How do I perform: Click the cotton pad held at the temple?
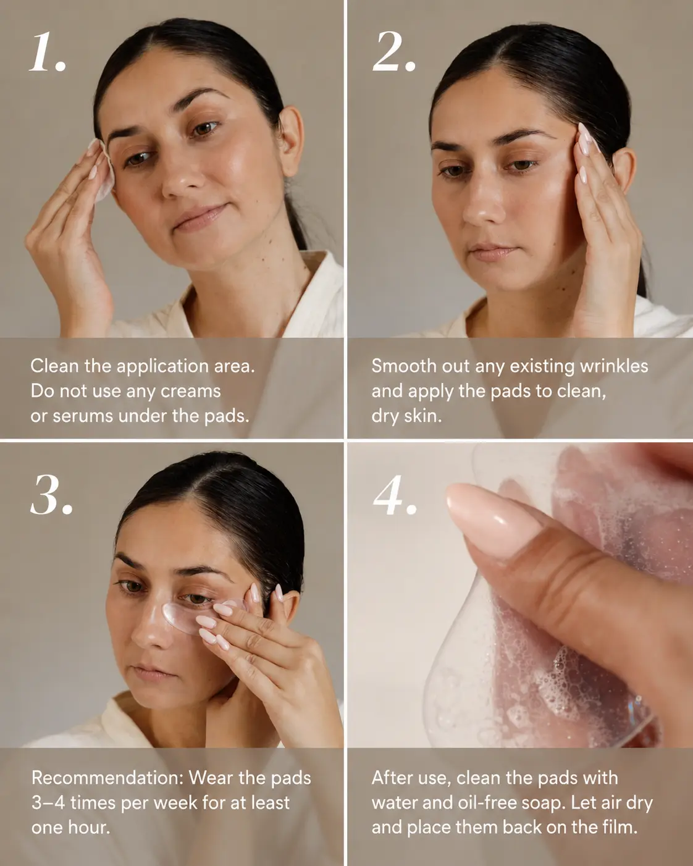pyautogui.click(x=104, y=171)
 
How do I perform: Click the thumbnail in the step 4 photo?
pyautogui.click(x=493, y=519)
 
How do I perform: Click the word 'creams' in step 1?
pyautogui.click(x=190, y=391)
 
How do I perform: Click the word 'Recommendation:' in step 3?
pyautogui.click(x=107, y=778)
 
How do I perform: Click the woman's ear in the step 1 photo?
pyautogui.click(x=290, y=141)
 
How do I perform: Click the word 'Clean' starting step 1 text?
pyautogui.click(x=55, y=366)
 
